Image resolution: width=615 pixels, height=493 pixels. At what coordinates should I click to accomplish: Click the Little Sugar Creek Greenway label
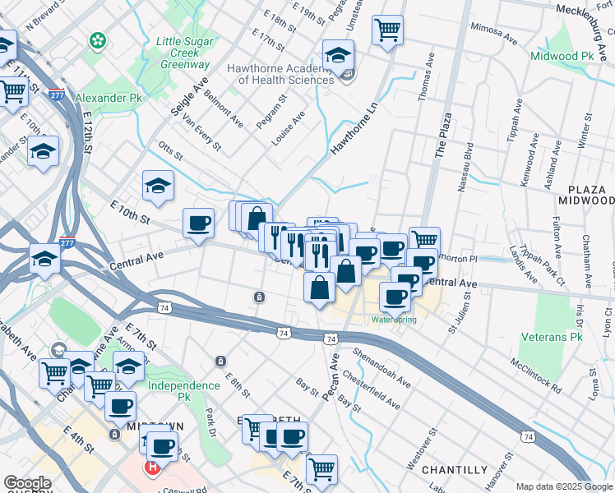coord(178,53)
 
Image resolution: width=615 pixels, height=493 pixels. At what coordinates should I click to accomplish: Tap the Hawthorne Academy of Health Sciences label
coord(285,75)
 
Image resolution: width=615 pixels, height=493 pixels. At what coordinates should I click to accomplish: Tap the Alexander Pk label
coord(108,98)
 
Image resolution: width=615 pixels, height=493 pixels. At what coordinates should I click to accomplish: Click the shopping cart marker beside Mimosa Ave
coord(387,31)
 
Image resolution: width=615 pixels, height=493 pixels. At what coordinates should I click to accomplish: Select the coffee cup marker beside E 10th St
coord(198,223)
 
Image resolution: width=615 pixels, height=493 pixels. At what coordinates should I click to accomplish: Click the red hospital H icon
coord(151,468)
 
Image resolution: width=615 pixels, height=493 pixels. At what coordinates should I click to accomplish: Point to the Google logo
coord(27,483)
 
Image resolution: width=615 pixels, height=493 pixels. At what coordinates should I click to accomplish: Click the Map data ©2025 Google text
coord(563,486)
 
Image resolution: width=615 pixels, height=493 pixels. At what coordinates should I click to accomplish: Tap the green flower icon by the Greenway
coord(98,39)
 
